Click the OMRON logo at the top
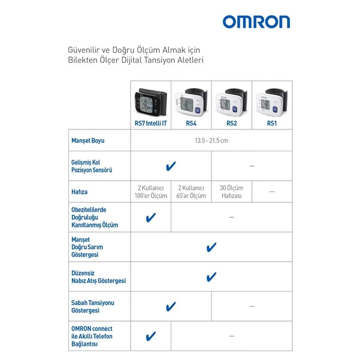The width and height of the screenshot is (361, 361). [x=256, y=22]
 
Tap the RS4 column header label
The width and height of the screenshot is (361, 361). [x=191, y=123]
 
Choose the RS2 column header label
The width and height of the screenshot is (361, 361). [x=231, y=123]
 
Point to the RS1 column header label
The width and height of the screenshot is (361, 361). [x=272, y=123]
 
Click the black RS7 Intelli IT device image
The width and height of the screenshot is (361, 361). [x=151, y=101]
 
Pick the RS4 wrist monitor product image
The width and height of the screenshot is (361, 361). [x=191, y=101]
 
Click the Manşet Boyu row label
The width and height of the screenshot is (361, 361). [x=88, y=140]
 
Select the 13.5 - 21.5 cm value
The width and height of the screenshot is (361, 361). [x=211, y=140]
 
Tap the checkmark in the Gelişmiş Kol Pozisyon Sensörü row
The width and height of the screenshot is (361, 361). [x=171, y=166]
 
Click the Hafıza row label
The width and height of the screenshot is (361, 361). [x=79, y=192]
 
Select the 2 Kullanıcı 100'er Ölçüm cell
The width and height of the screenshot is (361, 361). [x=151, y=192]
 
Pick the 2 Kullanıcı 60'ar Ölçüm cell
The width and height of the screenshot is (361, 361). [x=191, y=192]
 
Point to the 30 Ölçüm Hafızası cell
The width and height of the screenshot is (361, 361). [x=231, y=192]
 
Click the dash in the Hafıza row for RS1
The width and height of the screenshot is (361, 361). [x=272, y=192]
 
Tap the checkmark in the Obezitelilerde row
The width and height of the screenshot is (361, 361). [x=151, y=217]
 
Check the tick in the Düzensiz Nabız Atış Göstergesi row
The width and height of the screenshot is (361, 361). [x=211, y=277]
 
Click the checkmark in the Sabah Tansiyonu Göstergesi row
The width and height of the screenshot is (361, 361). [x=171, y=306]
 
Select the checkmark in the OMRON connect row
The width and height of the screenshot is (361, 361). [x=151, y=336]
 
